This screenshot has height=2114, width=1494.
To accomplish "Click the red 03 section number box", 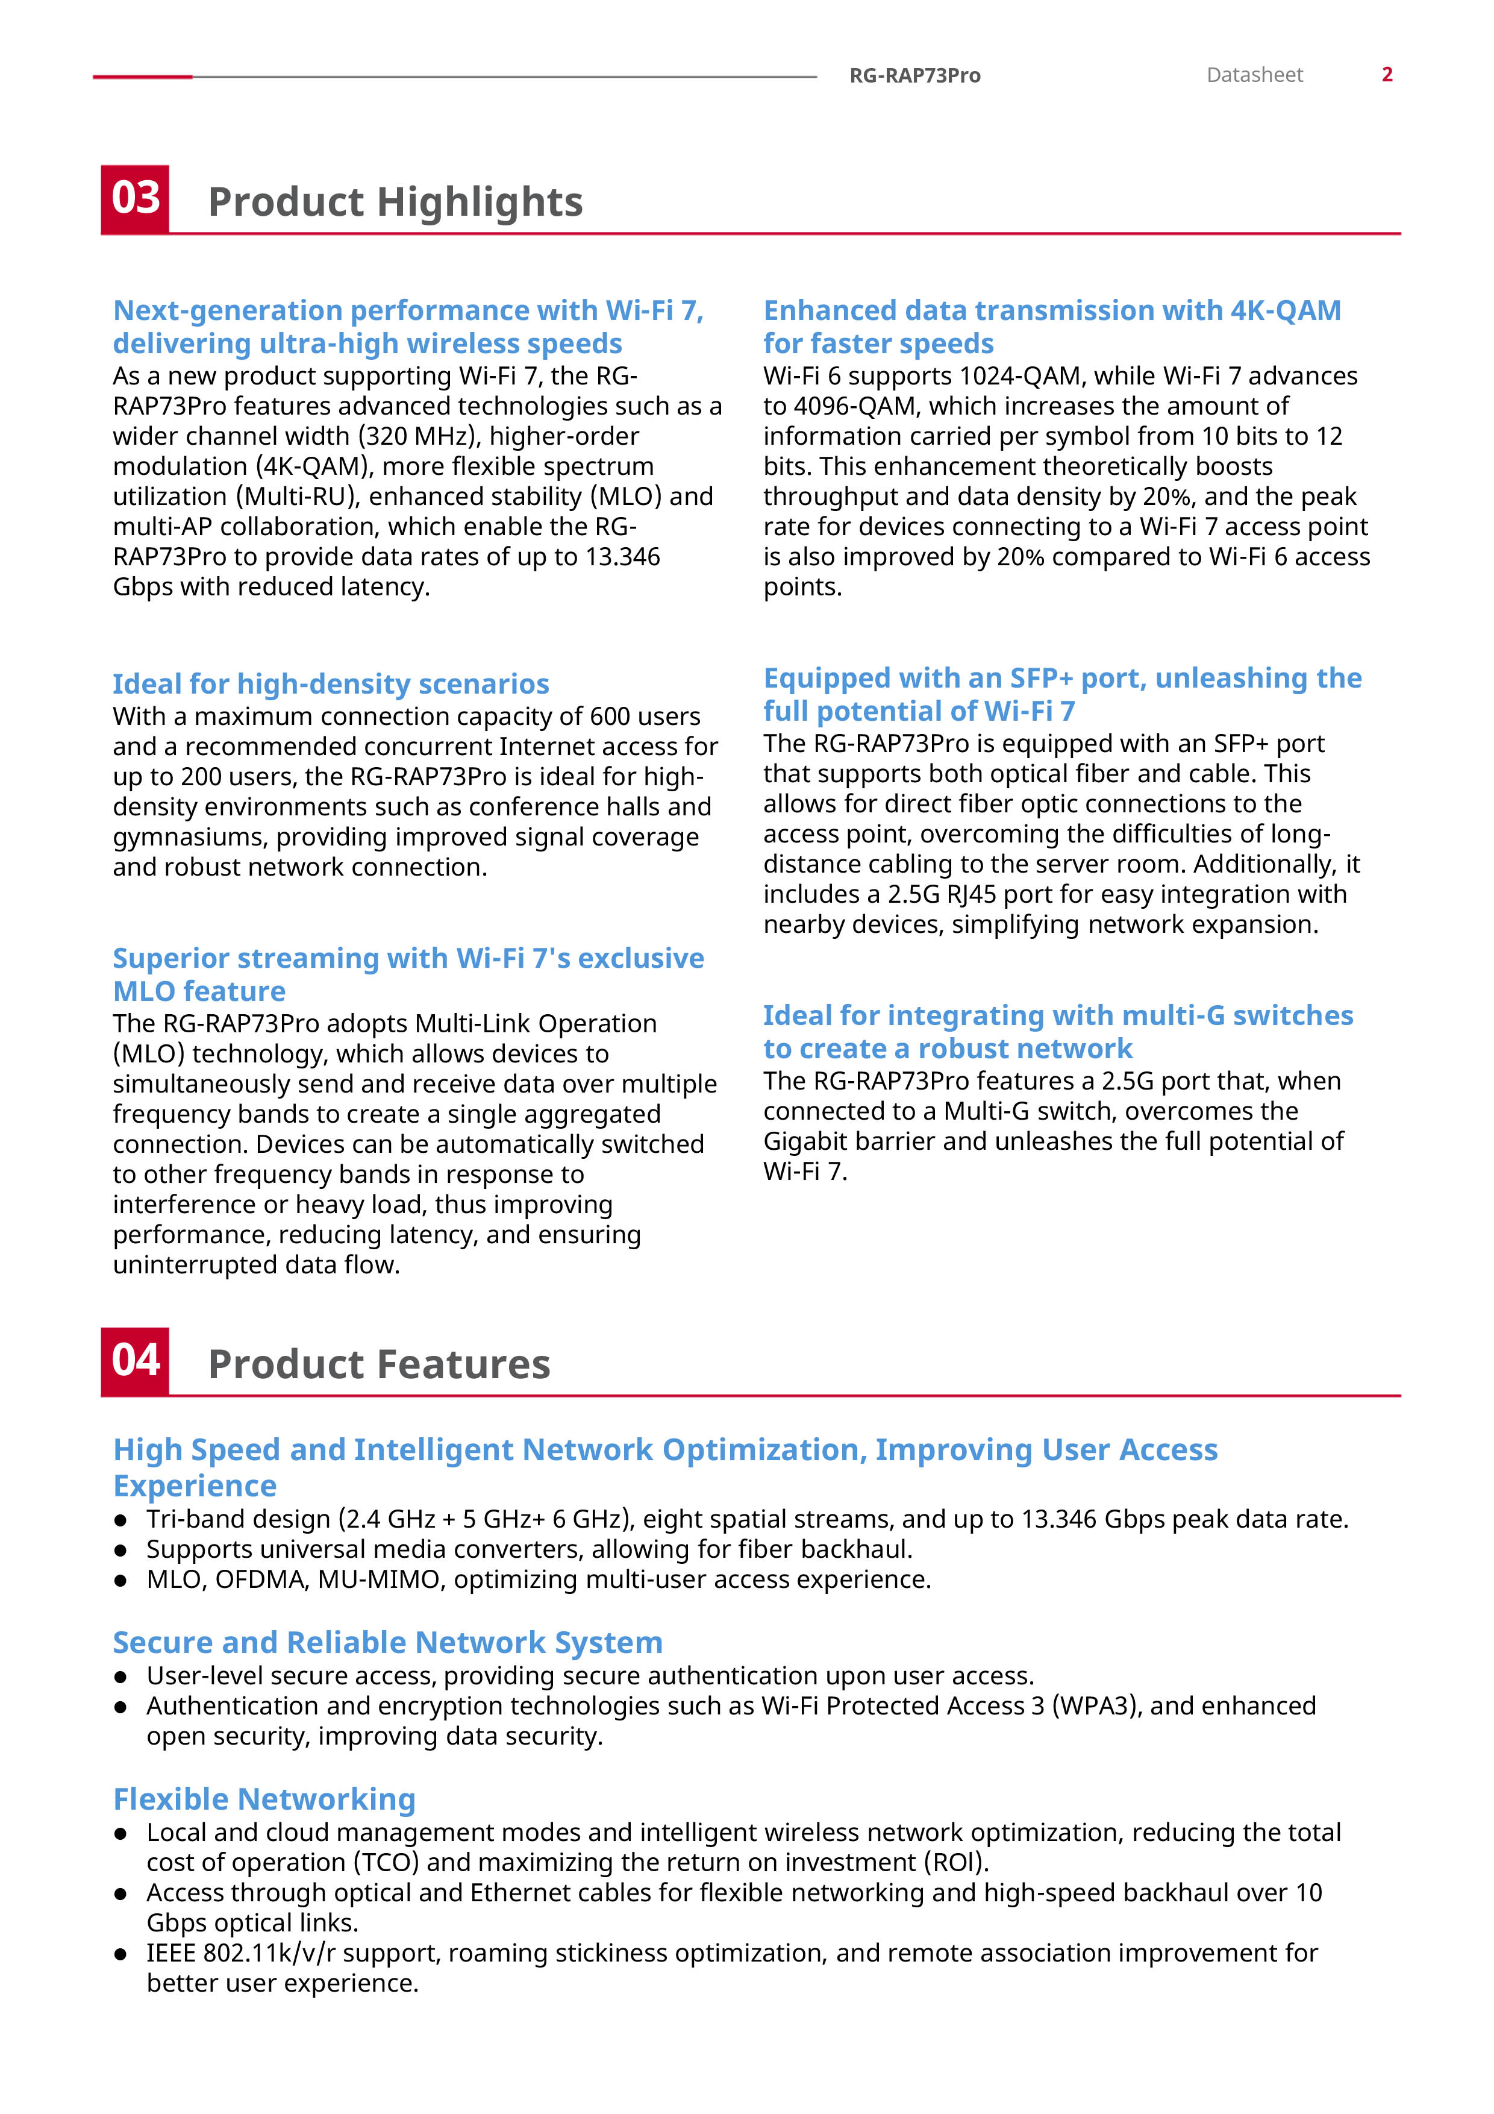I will click(136, 199).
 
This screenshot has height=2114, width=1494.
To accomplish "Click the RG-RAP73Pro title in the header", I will click(914, 75).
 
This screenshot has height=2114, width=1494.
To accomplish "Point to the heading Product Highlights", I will click(395, 202).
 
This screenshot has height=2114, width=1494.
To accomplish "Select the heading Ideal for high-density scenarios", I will click(331, 683).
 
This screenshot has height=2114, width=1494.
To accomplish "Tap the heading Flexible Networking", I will click(264, 1798).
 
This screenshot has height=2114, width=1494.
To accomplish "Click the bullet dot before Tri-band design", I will click(120, 1520).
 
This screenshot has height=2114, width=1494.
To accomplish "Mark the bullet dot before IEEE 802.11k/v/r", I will click(120, 1954).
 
